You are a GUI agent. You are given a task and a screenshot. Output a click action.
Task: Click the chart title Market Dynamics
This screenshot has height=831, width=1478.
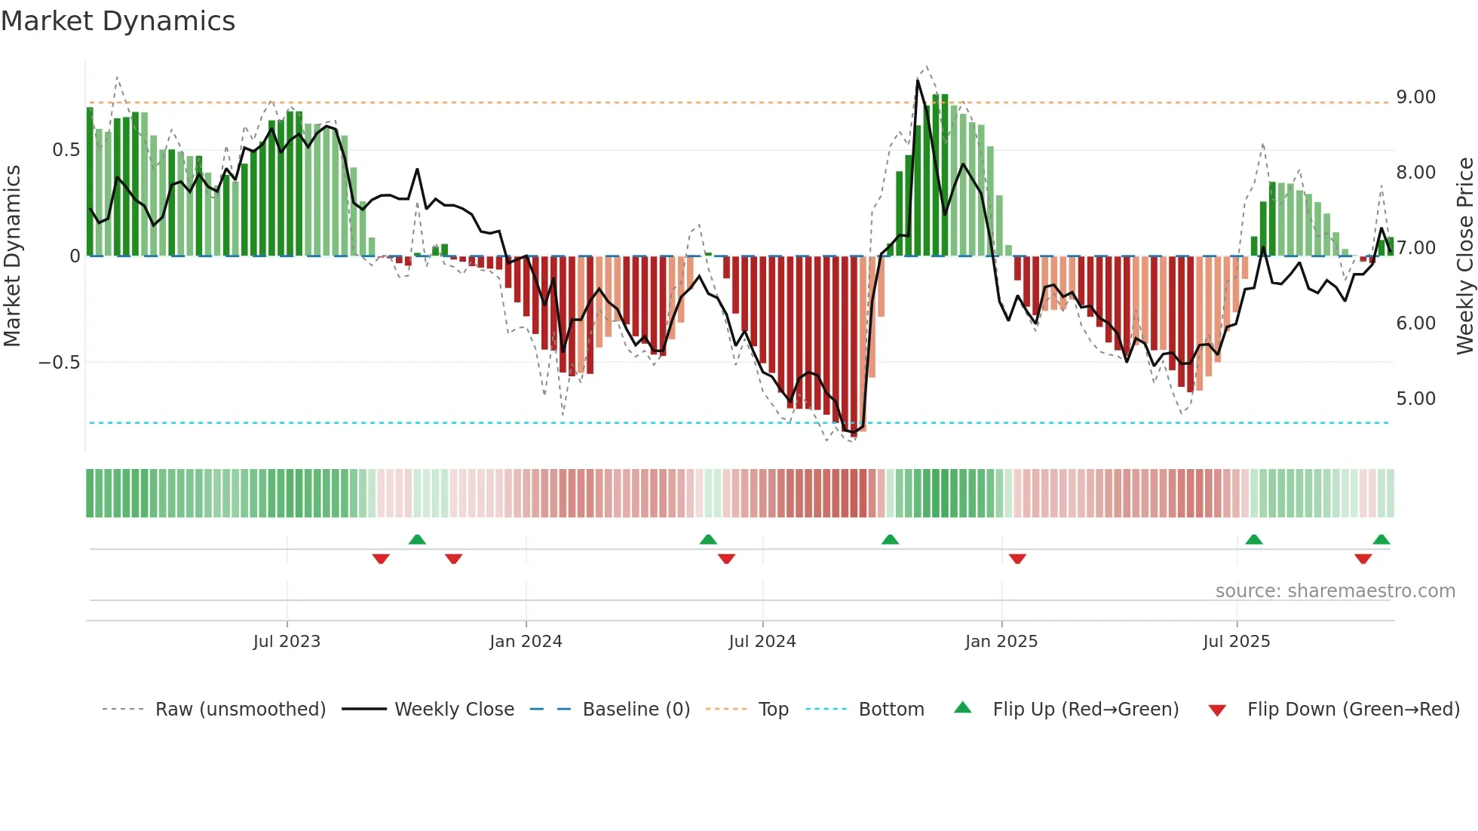click(118, 21)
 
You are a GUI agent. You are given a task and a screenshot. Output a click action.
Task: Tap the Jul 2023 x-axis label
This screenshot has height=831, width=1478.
click(287, 642)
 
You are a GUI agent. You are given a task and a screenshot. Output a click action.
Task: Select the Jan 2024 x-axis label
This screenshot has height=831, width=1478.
click(526, 642)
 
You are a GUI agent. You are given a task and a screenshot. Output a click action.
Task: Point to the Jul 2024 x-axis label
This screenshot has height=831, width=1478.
click(762, 642)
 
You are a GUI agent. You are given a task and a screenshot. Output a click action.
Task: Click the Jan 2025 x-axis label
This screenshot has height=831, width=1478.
click(1001, 642)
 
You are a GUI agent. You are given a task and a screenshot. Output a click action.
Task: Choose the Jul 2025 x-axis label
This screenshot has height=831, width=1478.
click(1237, 642)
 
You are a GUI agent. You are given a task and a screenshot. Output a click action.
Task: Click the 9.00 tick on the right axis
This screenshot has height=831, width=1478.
click(1415, 97)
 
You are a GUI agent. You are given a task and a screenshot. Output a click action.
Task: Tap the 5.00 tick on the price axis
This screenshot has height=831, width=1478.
click(1415, 399)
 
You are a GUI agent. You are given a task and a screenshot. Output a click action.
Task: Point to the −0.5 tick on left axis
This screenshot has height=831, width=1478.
click(59, 363)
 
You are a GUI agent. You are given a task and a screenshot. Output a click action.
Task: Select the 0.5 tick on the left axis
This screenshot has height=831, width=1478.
click(66, 150)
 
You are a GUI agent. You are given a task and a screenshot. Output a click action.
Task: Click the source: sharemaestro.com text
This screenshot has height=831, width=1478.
click(1335, 591)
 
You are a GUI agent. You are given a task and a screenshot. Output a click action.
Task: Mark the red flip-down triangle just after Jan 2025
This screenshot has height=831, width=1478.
click(1017, 559)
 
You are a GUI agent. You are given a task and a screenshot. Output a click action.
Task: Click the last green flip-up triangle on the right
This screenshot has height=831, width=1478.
click(1381, 539)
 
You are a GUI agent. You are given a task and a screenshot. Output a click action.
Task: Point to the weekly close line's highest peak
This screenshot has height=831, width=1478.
click(918, 81)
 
